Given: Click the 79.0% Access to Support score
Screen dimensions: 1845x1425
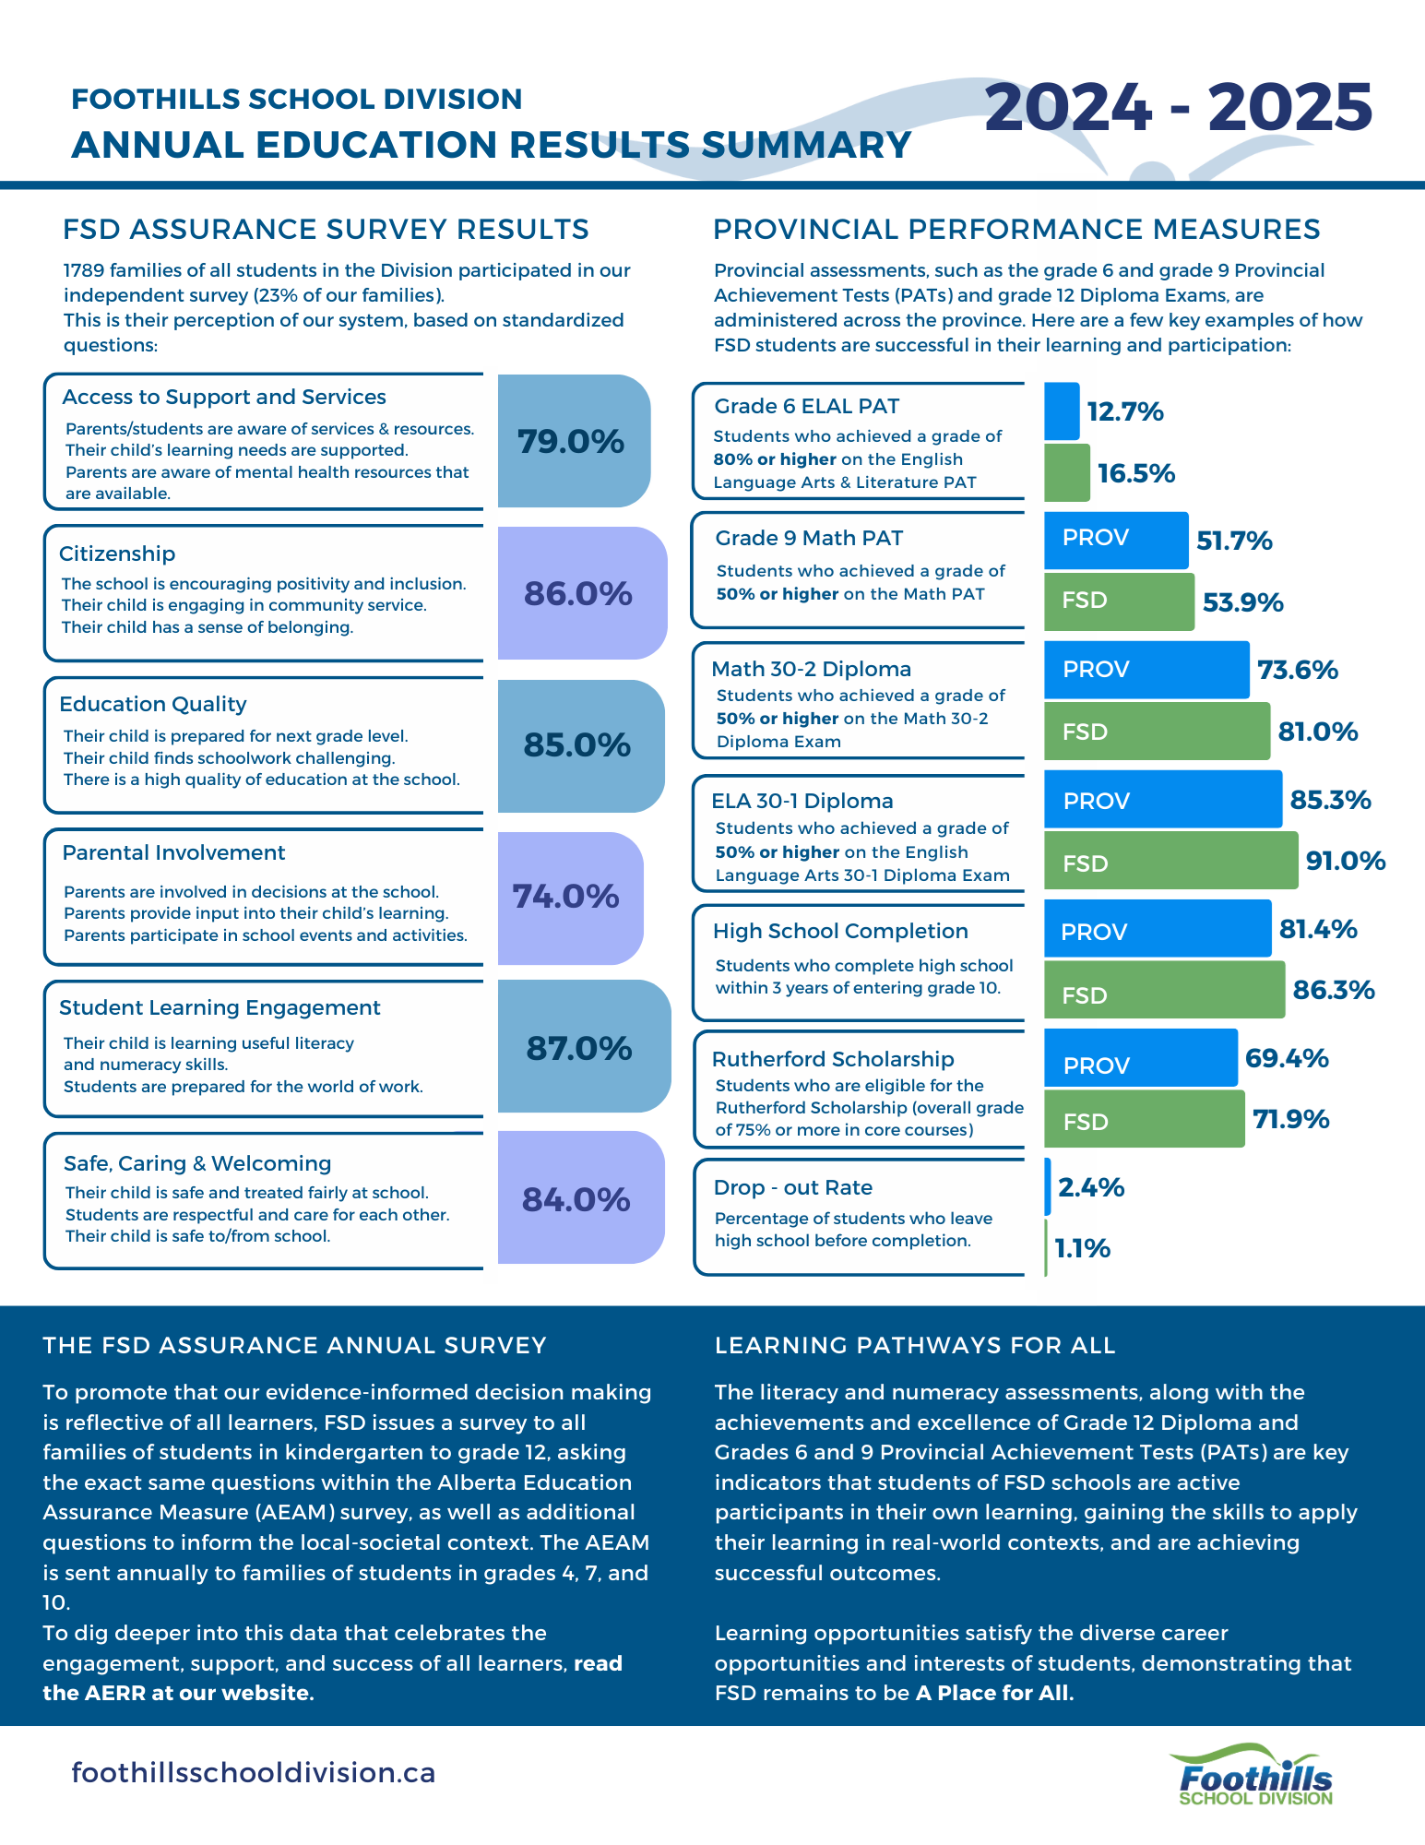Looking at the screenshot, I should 571,442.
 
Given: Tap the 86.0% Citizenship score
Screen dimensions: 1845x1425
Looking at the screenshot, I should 578,593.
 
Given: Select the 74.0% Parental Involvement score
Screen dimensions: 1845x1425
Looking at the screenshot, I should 565,896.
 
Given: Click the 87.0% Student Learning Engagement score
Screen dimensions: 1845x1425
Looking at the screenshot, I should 579,1048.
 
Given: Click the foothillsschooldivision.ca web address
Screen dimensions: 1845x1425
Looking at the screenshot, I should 254,1772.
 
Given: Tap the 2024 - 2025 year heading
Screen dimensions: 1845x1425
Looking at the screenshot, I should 1178,107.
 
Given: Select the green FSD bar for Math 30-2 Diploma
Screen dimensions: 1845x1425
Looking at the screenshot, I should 1157,732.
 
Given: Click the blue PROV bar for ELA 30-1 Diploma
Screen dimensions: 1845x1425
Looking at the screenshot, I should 1162,800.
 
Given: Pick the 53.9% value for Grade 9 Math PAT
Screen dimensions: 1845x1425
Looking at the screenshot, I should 1242,602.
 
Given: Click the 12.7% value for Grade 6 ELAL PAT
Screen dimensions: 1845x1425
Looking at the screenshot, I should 1124,411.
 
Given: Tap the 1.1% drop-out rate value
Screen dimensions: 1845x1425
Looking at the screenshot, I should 1082,1248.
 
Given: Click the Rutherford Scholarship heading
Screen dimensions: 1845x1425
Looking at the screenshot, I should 833,1059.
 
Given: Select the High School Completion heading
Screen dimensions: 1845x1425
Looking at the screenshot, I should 840,931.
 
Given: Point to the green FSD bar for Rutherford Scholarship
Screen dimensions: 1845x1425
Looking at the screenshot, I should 1144,1121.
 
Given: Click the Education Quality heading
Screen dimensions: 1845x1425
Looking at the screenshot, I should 153,704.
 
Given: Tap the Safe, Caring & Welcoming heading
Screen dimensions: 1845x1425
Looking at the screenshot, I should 197,1163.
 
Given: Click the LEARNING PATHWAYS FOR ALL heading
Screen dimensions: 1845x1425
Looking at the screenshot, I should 915,1345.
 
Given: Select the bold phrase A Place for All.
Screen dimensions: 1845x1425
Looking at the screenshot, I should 994,1693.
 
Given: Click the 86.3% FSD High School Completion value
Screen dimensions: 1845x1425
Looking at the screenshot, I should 1333,990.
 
